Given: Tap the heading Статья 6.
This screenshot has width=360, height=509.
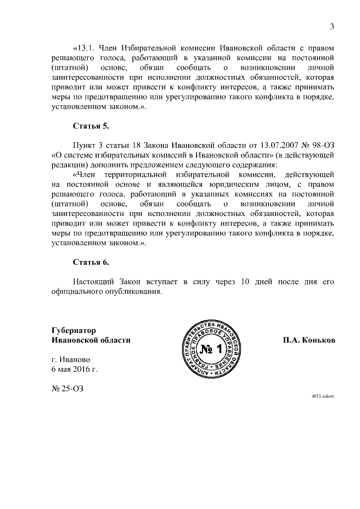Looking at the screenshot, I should click(x=91, y=262).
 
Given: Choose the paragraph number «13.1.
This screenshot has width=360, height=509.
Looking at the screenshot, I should click(x=85, y=47).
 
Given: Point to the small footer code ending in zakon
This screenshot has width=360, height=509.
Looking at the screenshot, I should click(x=323, y=396).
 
